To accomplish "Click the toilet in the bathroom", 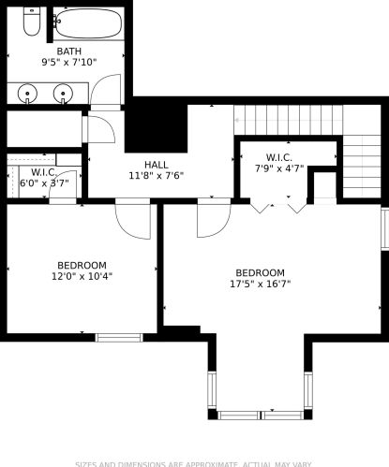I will coord(31,22).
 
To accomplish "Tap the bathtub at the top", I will coord(87,23).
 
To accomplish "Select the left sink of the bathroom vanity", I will coord(26,93).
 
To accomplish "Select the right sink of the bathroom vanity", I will coord(64,93).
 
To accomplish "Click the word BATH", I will coord(68,52).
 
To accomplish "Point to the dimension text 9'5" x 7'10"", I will coord(68,64).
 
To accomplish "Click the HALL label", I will coord(157,165).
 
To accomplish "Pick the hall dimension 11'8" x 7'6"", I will coord(157,176).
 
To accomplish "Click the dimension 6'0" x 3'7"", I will coord(44,183).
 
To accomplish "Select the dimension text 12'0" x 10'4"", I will coord(82,276).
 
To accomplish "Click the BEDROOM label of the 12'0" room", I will coord(82,265).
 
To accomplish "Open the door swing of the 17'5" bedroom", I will coord(213,220).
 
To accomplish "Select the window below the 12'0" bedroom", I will coord(119,337).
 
